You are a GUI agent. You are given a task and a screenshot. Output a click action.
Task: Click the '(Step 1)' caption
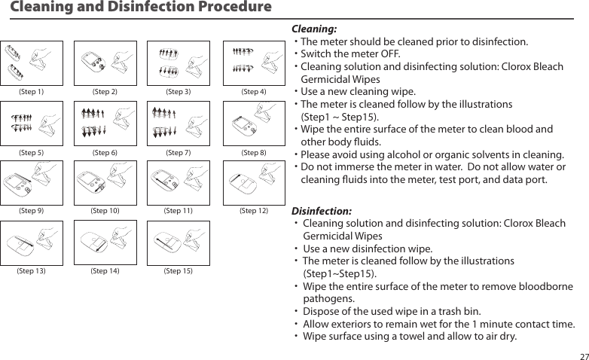[31, 92]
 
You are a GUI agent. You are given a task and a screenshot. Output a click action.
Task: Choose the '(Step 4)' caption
[253, 92]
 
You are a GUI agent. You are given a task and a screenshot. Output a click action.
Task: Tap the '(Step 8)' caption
[253, 153]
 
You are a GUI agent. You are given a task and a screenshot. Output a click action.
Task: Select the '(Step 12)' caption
[253, 211]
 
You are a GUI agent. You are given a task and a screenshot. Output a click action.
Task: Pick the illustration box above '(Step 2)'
[105, 63]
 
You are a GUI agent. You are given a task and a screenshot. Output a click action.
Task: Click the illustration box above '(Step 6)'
[105, 124]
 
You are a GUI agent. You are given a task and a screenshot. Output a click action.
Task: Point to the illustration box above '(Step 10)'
[105, 182]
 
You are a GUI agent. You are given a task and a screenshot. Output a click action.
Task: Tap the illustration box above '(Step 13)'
[31, 242]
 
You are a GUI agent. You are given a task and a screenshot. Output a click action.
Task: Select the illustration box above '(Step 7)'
[179, 124]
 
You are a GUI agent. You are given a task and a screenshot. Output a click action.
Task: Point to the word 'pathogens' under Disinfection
[328, 299]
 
